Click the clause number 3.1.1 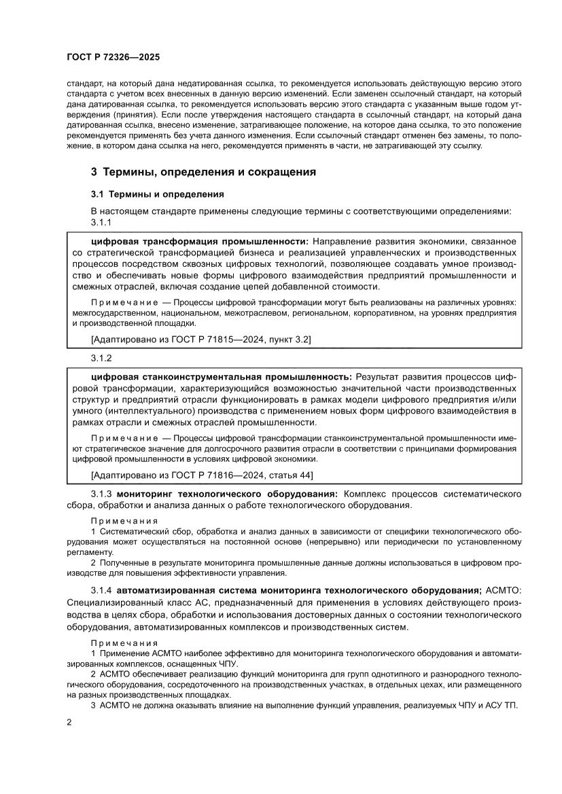point(101,222)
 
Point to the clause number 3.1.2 point(101,357)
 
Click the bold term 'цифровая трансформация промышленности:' point(200,241)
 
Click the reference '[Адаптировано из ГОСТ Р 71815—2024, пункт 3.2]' point(200,338)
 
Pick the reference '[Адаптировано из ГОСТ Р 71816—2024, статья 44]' point(202,474)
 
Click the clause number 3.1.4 point(102,590)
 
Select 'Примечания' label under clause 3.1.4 point(124,643)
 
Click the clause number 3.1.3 point(102,493)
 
